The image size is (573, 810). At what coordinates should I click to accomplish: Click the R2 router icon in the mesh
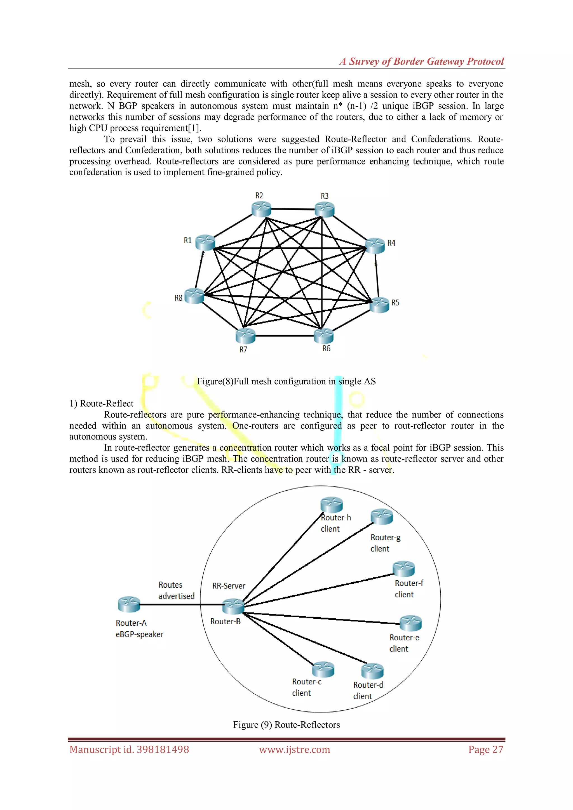261,209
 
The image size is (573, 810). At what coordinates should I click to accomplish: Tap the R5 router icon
379,305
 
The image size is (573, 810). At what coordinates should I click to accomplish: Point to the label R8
179,298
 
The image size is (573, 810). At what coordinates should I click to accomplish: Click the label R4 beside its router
391,243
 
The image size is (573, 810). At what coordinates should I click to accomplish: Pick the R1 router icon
205,242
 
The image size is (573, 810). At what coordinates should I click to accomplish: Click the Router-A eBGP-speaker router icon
129,604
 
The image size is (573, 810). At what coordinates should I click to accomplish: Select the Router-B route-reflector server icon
233,606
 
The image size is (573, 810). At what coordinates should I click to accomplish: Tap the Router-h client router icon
331,505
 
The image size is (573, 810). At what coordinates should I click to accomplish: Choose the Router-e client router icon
411,623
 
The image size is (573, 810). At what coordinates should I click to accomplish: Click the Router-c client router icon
323,669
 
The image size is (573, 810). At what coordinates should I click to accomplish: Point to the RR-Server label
229,586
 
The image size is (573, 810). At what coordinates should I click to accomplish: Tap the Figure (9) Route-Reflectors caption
286,725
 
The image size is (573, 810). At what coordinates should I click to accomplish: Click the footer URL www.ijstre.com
295,749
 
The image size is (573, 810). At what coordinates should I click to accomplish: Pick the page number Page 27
485,749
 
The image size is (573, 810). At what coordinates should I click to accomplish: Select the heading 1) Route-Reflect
102,404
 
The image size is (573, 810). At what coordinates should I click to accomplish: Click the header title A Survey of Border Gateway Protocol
422,61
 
